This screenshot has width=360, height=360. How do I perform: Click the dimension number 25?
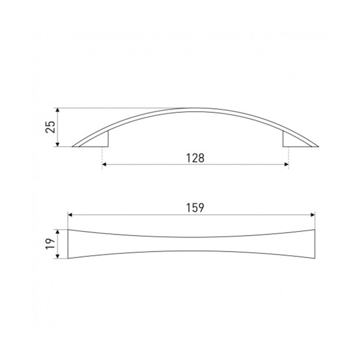[x=50, y=127]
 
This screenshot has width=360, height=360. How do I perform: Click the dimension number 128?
[x=195, y=158]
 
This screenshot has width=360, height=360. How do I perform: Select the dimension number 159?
[x=195, y=208]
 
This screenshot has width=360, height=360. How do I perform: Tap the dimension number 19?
[x=50, y=244]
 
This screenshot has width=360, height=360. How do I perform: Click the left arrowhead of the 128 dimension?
[x=104, y=165]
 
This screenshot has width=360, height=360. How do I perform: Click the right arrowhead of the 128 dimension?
[x=286, y=165]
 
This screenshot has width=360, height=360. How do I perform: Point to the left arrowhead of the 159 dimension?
[x=70, y=215]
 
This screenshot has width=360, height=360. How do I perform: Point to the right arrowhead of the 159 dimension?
[x=313, y=215]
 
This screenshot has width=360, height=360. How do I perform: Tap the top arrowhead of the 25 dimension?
[x=58, y=110]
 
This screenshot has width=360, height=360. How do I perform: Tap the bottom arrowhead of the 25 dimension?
[x=58, y=145]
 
